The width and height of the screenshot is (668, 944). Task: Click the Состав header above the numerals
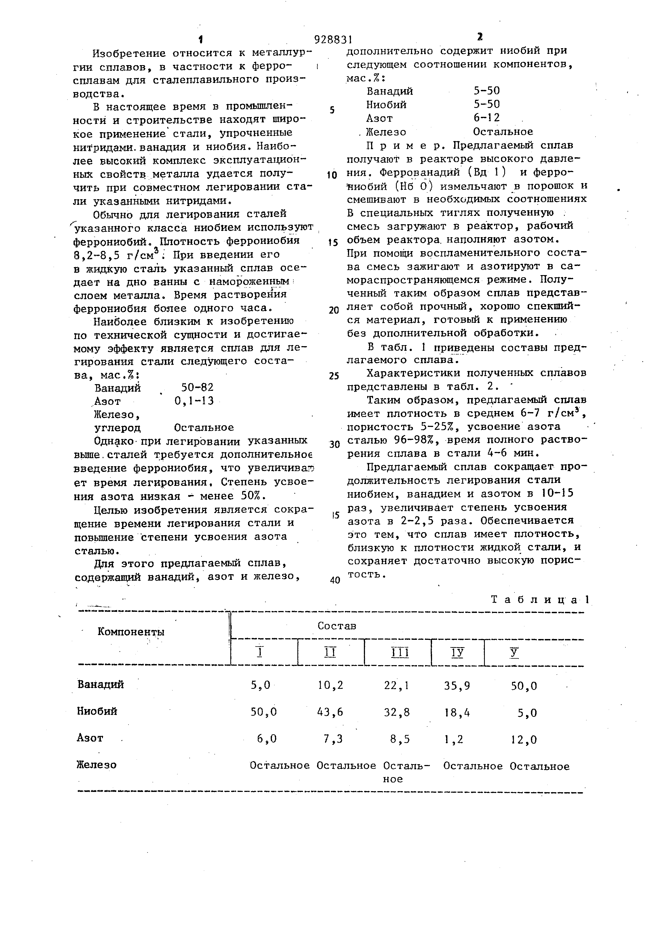[336, 626]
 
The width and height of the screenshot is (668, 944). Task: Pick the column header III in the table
[398, 653]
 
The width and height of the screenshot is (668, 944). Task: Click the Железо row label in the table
[97, 765]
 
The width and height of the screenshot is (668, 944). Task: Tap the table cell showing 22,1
[396, 685]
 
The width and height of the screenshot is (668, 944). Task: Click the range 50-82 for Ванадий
[197, 387]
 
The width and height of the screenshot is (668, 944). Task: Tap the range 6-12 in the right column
[486, 118]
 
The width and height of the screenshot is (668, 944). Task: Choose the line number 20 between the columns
[333, 310]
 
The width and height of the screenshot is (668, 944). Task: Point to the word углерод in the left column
[118, 428]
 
